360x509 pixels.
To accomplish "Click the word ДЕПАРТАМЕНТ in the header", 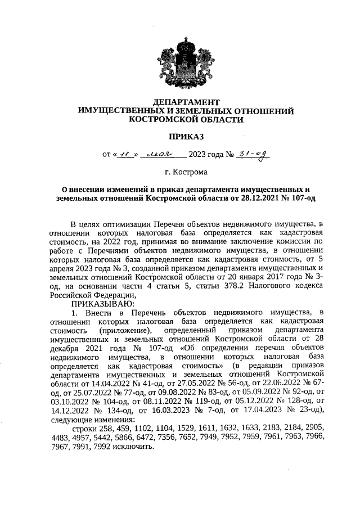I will [x=186, y=102].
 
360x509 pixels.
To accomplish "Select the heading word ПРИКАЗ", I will [x=186, y=136].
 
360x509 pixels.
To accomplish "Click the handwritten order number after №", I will [x=252, y=154].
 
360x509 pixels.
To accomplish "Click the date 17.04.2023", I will [x=265, y=411].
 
